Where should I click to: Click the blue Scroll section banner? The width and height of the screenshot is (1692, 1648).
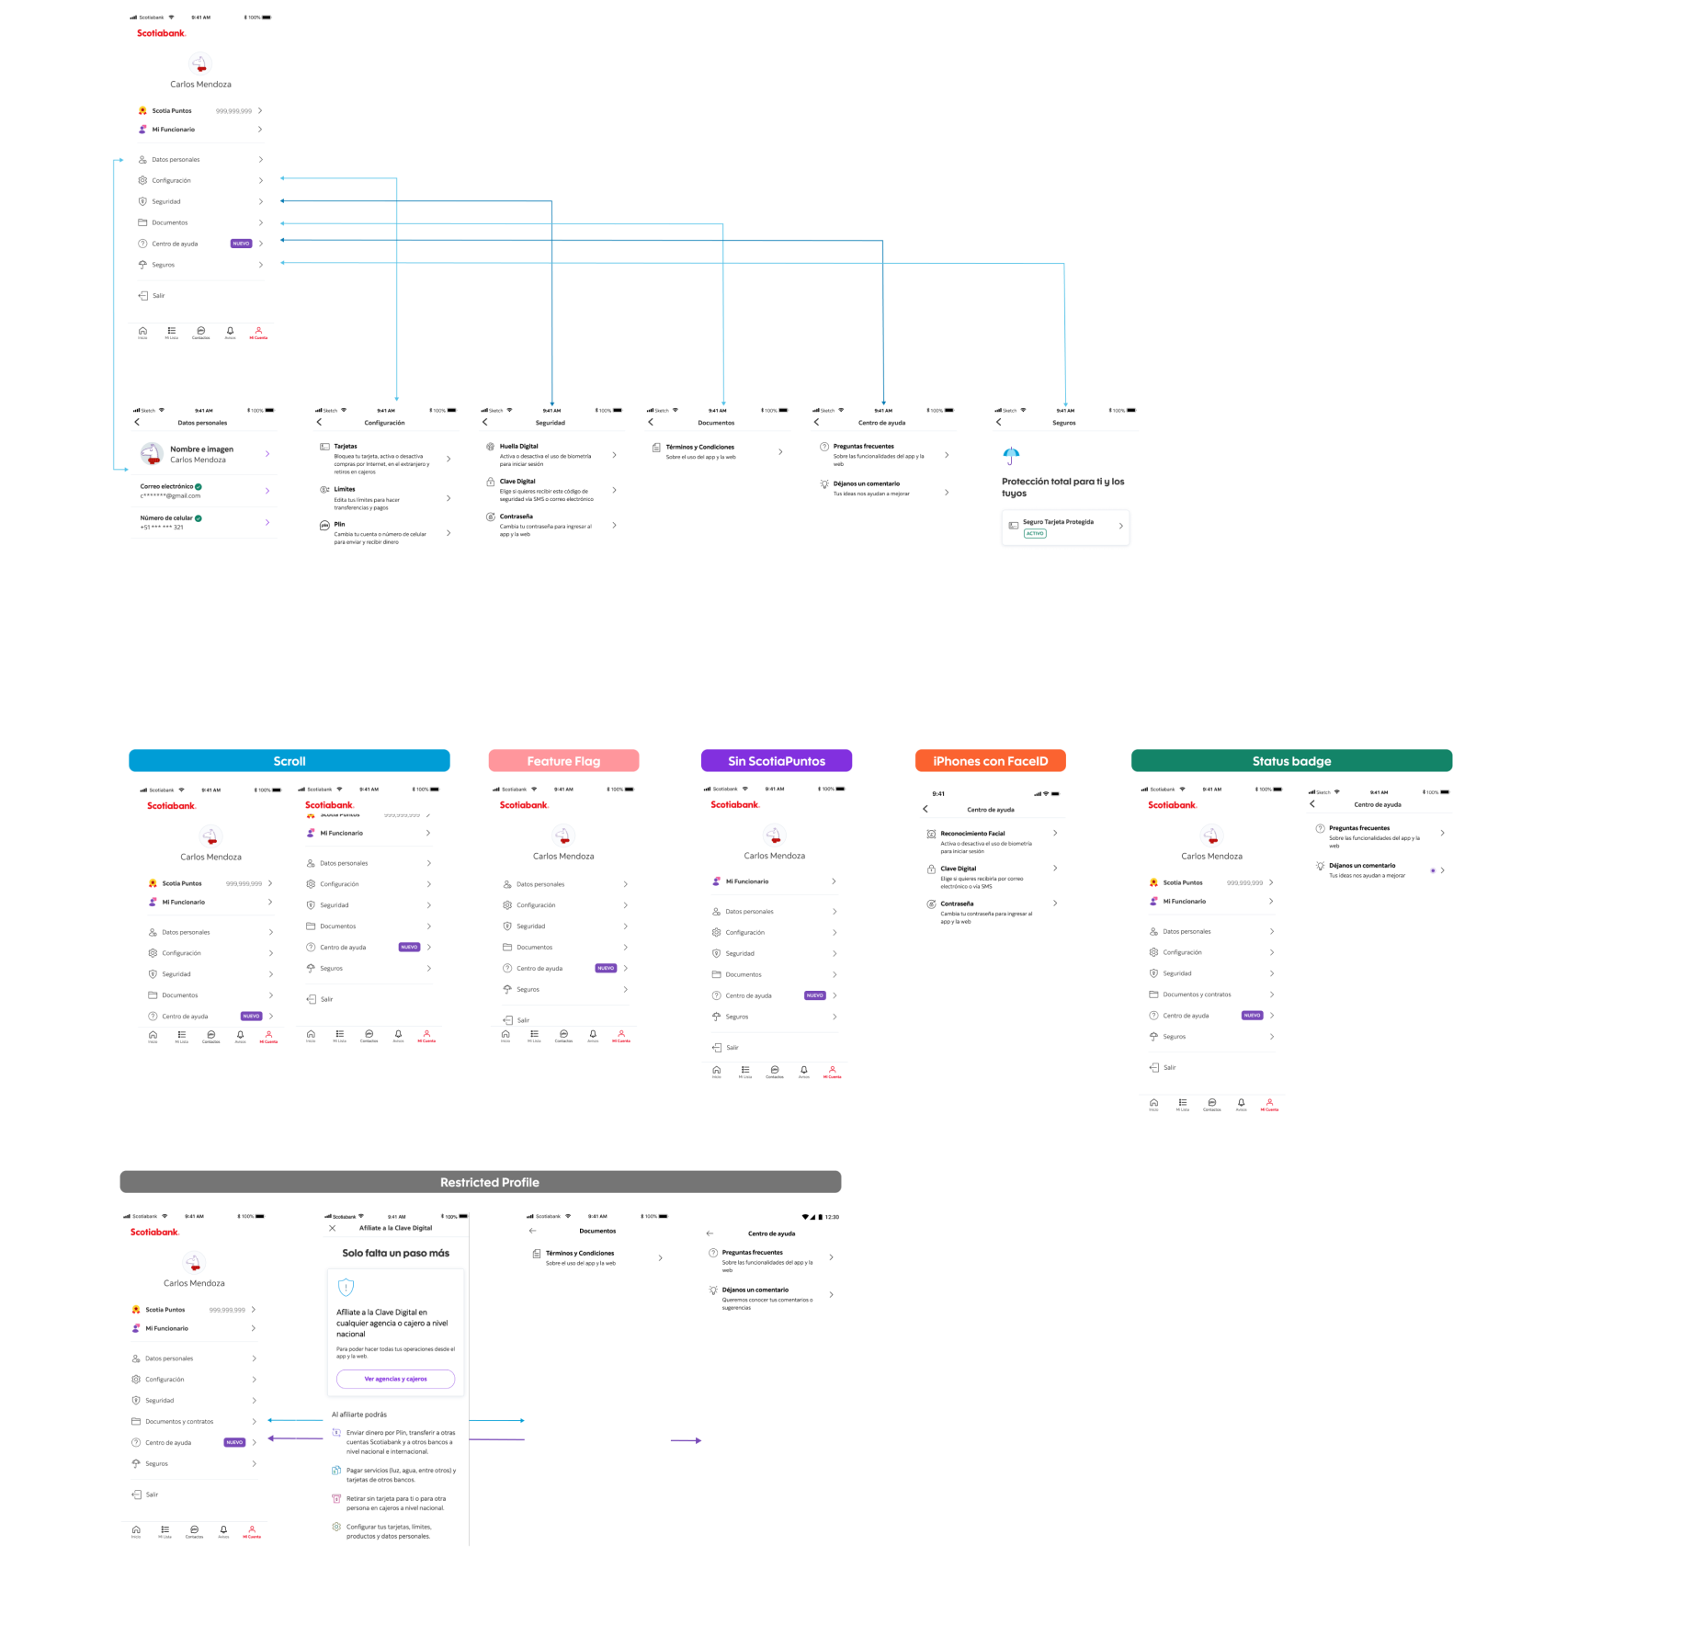tap(289, 761)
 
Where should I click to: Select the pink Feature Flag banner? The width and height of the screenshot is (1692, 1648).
tap(563, 761)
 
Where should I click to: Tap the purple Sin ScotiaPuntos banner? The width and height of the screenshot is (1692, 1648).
tap(777, 761)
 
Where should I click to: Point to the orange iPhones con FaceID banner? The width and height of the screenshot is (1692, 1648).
tap(990, 761)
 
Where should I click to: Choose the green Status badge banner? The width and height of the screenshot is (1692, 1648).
tap(1291, 761)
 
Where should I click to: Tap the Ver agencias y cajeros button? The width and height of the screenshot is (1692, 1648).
tap(395, 1379)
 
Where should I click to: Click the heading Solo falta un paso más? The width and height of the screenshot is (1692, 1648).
tap(395, 1253)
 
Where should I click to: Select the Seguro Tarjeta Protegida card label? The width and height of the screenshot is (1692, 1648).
tap(1058, 522)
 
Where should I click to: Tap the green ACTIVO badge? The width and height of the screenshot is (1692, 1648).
tap(1035, 533)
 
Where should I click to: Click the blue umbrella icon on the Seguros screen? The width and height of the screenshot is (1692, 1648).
tap(1011, 455)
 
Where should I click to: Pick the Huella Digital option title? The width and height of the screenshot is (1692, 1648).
tap(518, 447)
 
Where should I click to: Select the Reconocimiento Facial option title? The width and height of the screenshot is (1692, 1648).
tap(972, 834)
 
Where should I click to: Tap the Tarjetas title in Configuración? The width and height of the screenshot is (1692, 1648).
tap(346, 447)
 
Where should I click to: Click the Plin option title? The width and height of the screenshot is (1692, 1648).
tap(339, 524)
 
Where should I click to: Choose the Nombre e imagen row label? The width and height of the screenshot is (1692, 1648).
tap(201, 449)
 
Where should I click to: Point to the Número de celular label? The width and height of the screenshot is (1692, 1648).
tap(166, 518)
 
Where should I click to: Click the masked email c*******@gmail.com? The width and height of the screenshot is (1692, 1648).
tap(170, 496)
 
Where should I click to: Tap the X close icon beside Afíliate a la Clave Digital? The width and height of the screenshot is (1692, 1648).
tap(333, 1228)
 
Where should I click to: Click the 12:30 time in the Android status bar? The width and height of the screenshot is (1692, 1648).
tap(832, 1217)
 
